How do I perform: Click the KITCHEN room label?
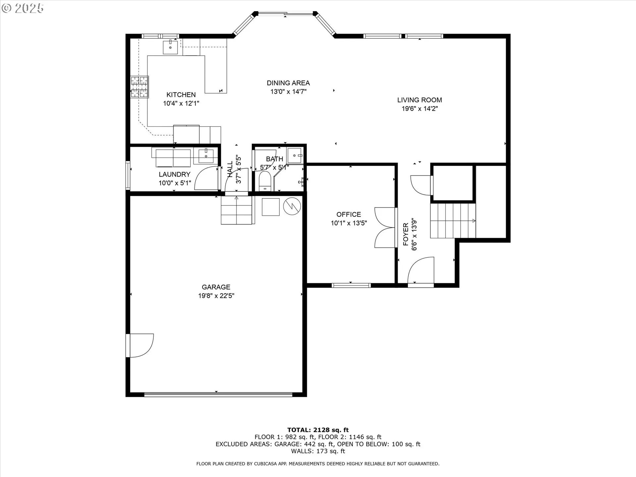pyautogui.click(x=181, y=95)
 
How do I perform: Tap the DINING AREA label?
pyautogui.click(x=288, y=83)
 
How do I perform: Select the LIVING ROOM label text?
pyautogui.click(x=419, y=100)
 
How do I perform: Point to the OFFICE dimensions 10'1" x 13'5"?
pyautogui.click(x=349, y=223)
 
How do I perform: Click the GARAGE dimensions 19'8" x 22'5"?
pyautogui.click(x=216, y=295)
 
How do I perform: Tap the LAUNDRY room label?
pyautogui.click(x=175, y=174)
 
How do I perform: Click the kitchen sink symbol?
pyautogui.click(x=170, y=47)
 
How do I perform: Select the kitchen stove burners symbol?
pyautogui.click(x=139, y=87)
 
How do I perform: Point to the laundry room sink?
pyautogui.click(x=206, y=156)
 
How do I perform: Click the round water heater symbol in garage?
pyautogui.click(x=292, y=206)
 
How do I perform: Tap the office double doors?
pyautogui.click(x=385, y=228)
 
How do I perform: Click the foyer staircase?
pyautogui.click(x=453, y=221)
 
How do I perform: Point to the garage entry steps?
pyautogui.click(x=237, y=210)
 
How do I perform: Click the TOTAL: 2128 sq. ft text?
pyautogui.click(x=318, y=430)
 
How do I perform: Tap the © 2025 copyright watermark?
pyautogui.click(x=23, y=8)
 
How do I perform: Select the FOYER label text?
pyautogui.click(x=406, y=235)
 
